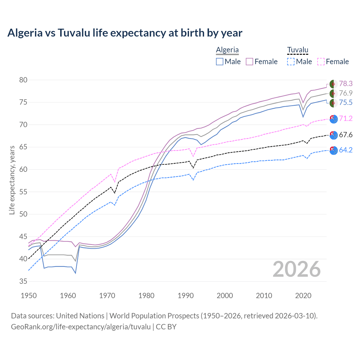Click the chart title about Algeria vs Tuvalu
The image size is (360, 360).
[125, 33]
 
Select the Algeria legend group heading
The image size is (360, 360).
[227, 50]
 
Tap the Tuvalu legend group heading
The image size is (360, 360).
[298, 50]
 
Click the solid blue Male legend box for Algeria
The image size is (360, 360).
[220, 62]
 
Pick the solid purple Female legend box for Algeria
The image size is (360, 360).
[249, 62]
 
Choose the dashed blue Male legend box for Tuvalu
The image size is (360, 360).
[291, 62]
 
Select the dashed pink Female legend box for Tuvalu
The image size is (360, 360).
[321, 62]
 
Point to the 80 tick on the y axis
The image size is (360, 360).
[23, 80]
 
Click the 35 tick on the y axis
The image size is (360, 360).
[23, 281]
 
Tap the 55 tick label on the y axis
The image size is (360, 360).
[23, 192]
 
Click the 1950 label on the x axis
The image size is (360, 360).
[29, 296]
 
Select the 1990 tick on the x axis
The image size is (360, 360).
[186, 296]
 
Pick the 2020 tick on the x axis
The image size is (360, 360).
[303, 296]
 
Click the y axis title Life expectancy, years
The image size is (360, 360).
[12, 180]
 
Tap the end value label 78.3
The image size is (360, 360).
[346, 84]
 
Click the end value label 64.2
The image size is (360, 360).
[346, 150]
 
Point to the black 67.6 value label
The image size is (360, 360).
[346, 135]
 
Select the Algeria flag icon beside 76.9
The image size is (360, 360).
[334, 93]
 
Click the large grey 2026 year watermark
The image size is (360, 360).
[297, 269]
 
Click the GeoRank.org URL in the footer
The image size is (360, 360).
[81, 327]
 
